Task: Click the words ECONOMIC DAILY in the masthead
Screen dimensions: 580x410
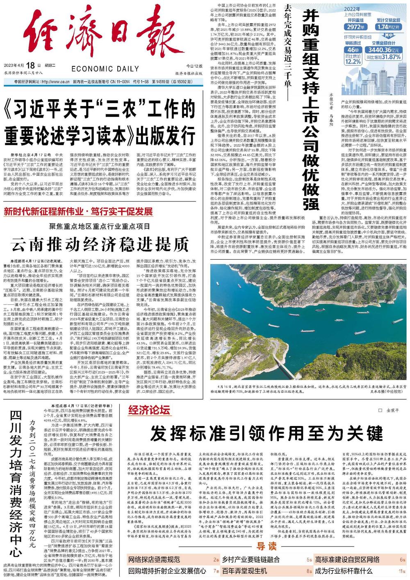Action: point(105,69)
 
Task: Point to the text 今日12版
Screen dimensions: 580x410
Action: point(194,66)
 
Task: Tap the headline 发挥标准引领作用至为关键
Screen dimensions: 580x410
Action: point(266,433)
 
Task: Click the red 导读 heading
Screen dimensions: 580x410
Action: point(267,546)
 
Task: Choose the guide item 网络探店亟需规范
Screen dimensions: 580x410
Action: point(154,560)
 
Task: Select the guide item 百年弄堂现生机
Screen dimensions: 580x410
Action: point(244,571)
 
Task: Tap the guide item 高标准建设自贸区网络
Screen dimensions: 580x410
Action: point(347,560)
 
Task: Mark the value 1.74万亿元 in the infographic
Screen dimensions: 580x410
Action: point(388,27)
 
